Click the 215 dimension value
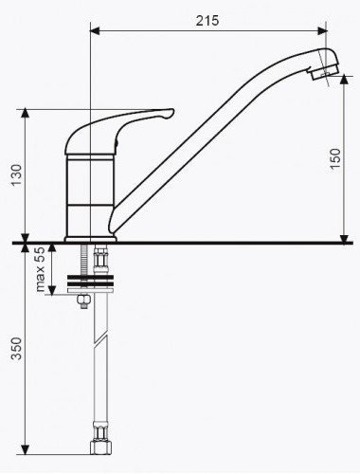[x=207, y=21]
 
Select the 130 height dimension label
[x=16, y=175]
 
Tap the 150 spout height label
[x=335, y=158]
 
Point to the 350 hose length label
[x=16, y=349]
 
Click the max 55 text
[x=41, y=269]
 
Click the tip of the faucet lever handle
[x=173, y=111]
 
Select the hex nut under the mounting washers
[x=83, y=301]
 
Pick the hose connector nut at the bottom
[x=101, y=447]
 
